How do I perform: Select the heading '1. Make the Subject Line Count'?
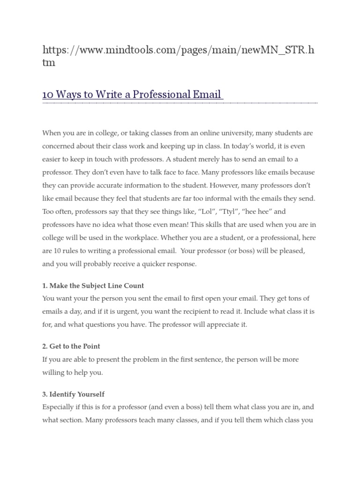coord(93,285)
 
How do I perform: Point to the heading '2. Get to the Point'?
coord(71,346)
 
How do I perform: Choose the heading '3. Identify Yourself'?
coord(74,394)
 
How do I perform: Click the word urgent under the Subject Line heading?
coord(127,311)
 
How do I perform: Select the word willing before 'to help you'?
coord(52,373)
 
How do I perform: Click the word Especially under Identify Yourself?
coord(59,407)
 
